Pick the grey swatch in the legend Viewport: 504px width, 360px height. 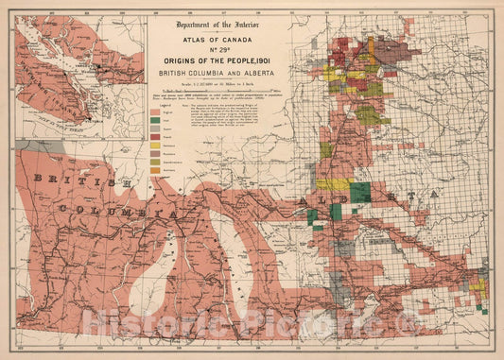click(x=154, y=133)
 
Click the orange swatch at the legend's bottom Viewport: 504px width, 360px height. click(x=154, y=175)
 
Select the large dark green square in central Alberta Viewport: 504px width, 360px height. click(x=359, y=192)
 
